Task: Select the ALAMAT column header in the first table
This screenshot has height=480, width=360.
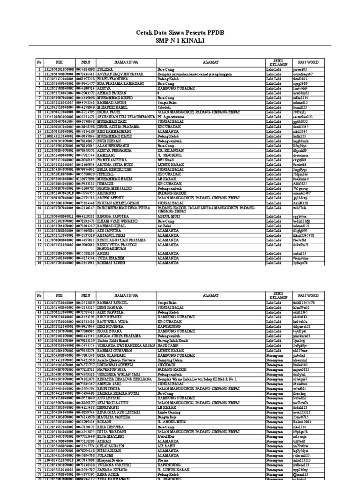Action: click(210, 62)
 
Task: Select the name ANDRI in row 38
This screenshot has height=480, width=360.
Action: click(104, 252)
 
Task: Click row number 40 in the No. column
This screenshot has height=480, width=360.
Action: click(40, 264)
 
